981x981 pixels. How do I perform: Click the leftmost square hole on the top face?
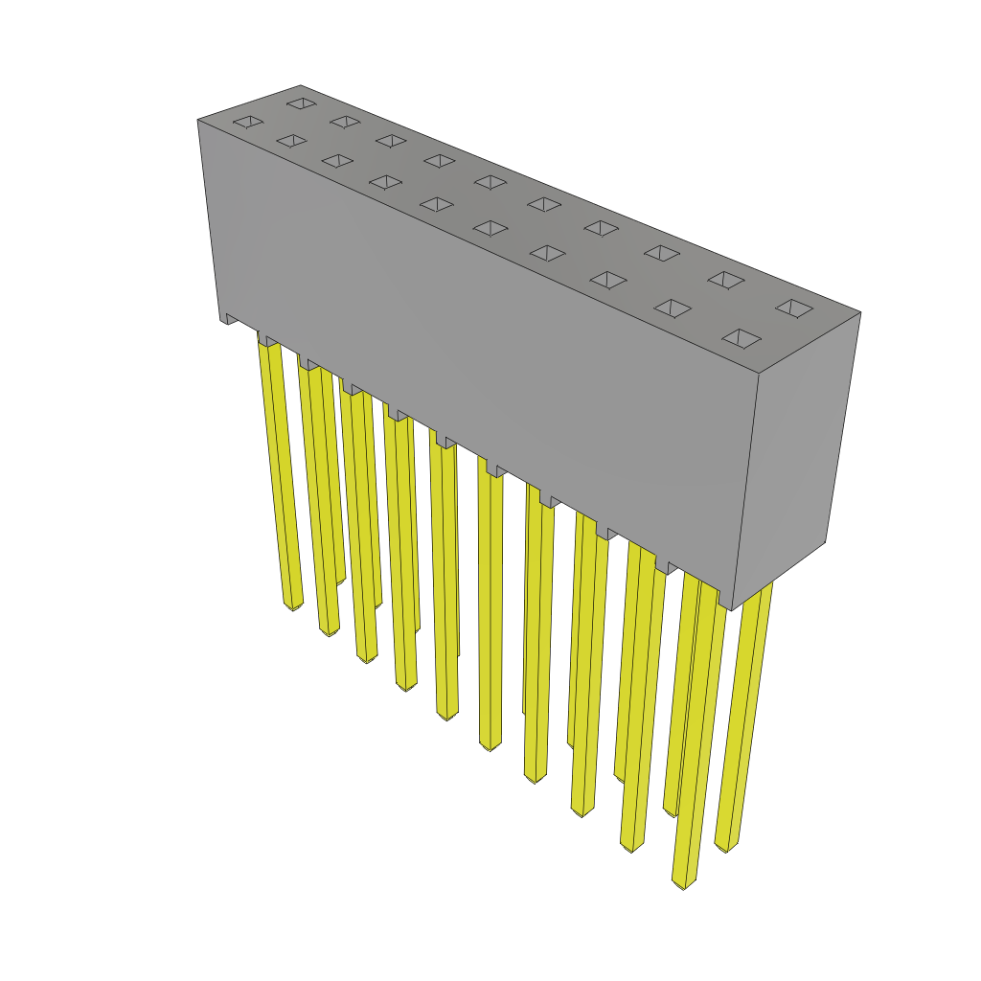point(248,122)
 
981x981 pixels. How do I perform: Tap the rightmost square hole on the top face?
point(794,308)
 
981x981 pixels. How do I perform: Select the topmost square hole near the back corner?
point(302,103)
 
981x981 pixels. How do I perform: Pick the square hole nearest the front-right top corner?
point(741,338)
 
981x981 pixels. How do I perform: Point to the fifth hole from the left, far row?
point(490,181)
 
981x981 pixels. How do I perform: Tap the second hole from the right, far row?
point(726,280)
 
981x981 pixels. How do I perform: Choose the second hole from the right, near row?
point(673,308)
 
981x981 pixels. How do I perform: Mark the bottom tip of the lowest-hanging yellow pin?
point(684,883)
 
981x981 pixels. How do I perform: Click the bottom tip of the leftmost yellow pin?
point(293,605)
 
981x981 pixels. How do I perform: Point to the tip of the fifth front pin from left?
point(447,715)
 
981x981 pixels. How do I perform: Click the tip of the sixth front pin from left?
point(490,745)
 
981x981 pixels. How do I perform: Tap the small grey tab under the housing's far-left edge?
point(231,319)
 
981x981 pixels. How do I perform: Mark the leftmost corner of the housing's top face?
point(198,120)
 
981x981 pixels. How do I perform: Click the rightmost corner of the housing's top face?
point(860,312)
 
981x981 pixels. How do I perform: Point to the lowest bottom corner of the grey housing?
point(731,609)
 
